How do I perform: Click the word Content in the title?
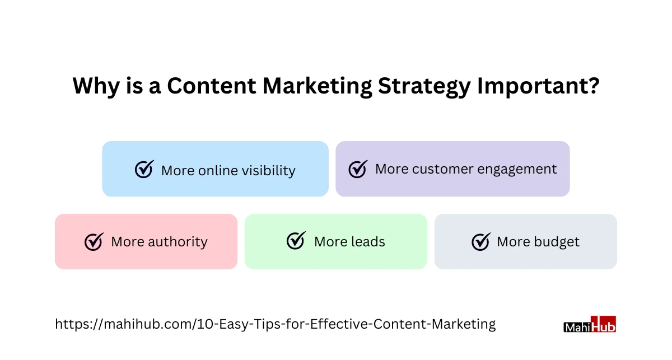[x=212, y=86]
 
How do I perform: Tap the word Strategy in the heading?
[x=424, y=87]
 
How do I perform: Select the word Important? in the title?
[x=538, y=87]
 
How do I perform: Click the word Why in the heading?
[x=96, y=87]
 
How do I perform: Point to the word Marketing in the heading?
[x=317, y=87]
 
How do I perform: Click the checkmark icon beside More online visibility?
[x=144, y=169]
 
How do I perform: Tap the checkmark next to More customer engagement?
[x=358, y=169]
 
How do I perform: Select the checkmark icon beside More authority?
[x=94, y=241]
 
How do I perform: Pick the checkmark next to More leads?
[x=296, y=240]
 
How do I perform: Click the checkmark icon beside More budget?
[x=481, y=241]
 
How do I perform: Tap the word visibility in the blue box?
[x=269, y=171]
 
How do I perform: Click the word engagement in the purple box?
[x=517, y=170]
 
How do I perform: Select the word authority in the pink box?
[x=178, y=242]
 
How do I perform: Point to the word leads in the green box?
[x=368, y=241]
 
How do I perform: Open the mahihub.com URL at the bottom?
[x=276, y=324]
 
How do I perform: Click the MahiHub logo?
[x=590, y=324]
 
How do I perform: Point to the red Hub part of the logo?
[x=603, y=324]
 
